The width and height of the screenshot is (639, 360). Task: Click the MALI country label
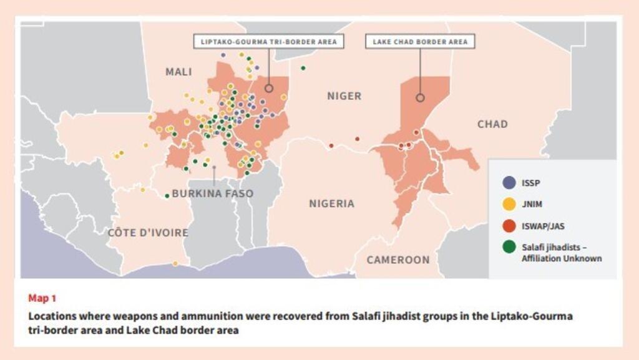[x=178, y=72]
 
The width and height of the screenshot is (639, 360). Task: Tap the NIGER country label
[x=344, y=96]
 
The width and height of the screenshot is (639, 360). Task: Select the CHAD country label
[x=492, y=124]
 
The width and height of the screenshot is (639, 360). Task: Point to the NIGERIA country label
[x=331, y=203]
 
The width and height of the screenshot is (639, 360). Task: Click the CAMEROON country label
[x=398, y=260]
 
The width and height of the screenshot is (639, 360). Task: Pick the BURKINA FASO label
[x=212, y=193]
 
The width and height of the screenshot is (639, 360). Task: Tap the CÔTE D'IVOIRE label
[x=148, y=233]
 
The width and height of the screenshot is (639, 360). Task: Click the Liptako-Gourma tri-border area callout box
[x=268, y=42]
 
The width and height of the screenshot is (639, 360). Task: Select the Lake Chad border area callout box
[x=419, y=42]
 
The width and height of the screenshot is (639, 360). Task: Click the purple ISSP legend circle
[x=509, y=183]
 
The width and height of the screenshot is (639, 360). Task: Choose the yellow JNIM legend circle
[x=509, y=203]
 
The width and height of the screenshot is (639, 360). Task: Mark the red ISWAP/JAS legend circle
[x=509, y=225]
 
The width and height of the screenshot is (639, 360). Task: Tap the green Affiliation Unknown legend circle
[x=509, y=247]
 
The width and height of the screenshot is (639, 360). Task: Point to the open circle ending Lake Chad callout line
[x=420, y=97]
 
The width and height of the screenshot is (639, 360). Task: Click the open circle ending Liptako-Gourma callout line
[x=269, y=89]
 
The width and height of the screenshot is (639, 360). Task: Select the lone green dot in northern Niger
[x=303, y=68]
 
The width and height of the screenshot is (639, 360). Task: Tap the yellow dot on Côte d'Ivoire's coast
[x=175, y=263]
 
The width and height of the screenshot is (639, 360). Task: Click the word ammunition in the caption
[x=196, y=316]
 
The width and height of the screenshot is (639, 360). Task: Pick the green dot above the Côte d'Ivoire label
[x=167, y=196]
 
